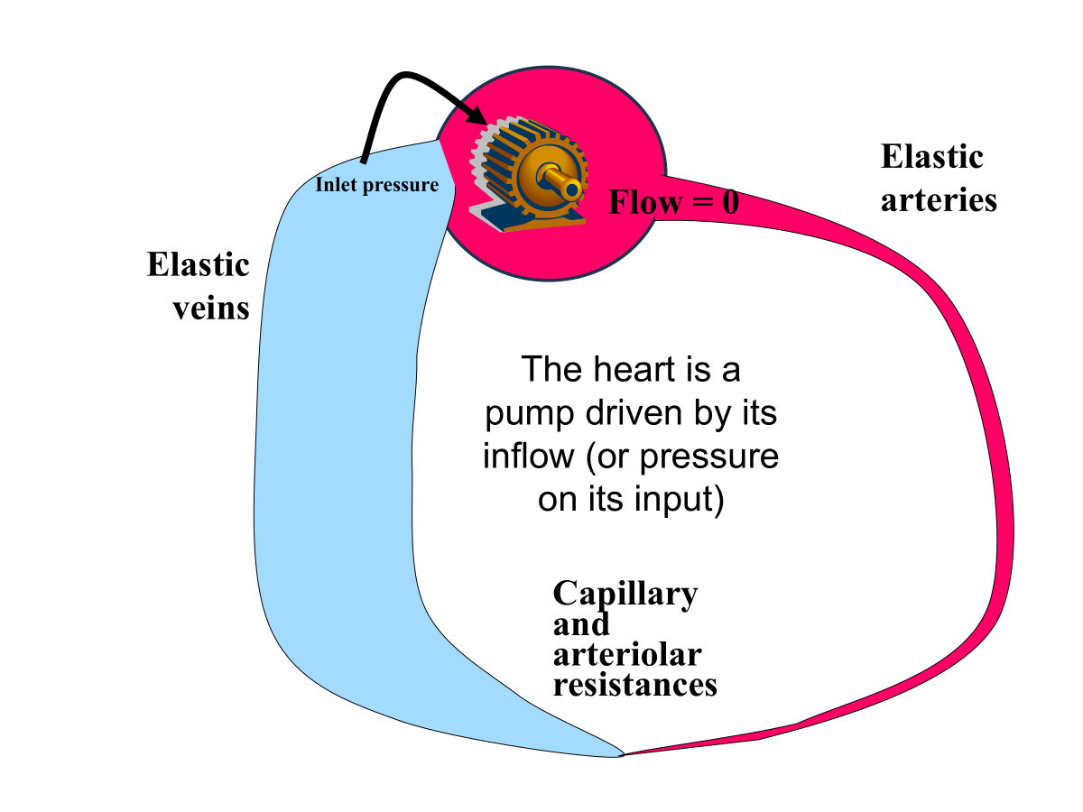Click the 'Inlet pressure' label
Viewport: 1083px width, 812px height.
[x=377, y=186]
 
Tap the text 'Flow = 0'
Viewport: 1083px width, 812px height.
[x=673, y=202]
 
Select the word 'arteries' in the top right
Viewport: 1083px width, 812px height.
[x=939, y=199]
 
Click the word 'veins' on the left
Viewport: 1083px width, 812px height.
[x=211, y=308]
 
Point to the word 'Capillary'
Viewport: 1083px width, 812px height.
[x=625, y=594]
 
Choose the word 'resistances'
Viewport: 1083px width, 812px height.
[x=634, y=684]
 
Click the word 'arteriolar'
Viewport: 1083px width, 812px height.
[x=626, y=653]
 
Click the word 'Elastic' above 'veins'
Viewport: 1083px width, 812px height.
[x=198, y=265]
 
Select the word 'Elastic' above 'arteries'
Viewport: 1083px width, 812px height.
[x=931, y=157]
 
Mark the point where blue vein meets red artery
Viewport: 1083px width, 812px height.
[x=623, y=753]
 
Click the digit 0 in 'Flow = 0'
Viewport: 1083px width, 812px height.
[x=729, y=202]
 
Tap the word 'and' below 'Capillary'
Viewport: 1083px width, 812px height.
[x=580, y=623]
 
